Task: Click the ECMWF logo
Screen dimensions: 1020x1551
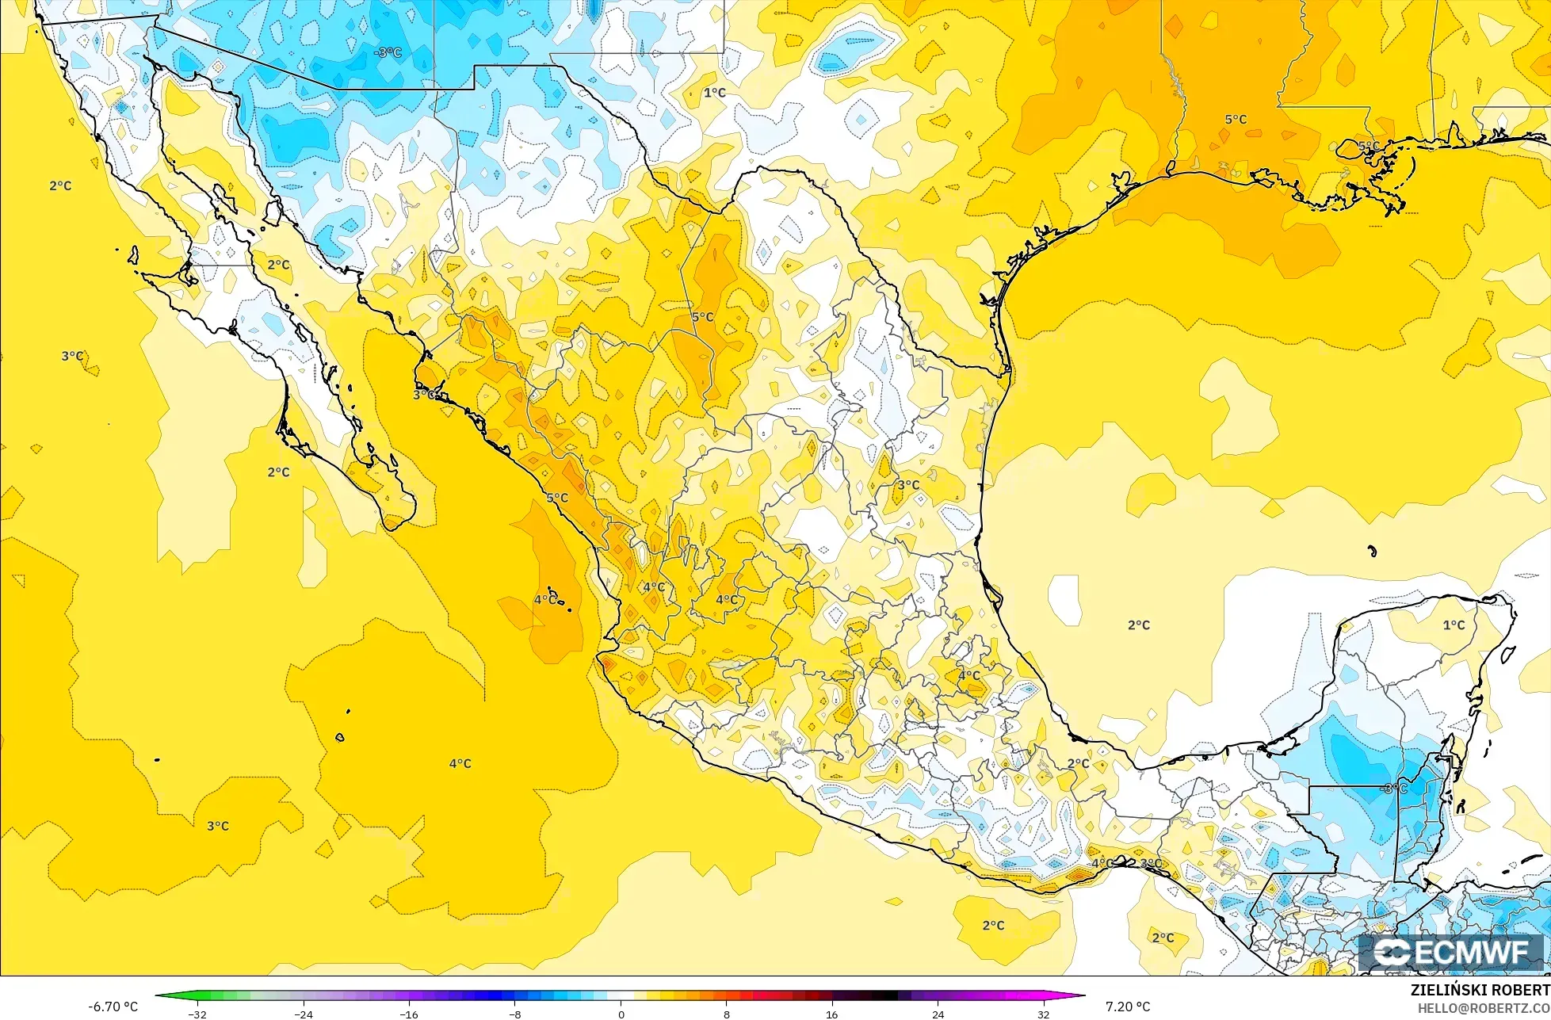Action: pos(1453,953)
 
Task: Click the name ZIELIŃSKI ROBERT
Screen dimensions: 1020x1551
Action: pos(1480,991)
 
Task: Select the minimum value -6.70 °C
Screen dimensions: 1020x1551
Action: pos(113,1007)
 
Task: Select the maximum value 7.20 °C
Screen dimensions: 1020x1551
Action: pos(1128,1007)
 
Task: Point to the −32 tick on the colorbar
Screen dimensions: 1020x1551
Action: pos(197,1014)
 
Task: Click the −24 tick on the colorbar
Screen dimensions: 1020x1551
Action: pos(304,1014)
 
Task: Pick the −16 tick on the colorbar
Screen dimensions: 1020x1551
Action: pos(409,1014)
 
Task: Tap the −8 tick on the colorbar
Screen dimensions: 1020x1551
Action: pos(515,1014)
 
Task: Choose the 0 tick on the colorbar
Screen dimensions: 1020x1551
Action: pos(621,1014)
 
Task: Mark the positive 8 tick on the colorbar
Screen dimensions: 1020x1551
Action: pos(727,1014)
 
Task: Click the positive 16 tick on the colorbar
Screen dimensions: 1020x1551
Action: pos(832,1014)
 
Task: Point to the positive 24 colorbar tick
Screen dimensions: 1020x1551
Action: pos(938,1014)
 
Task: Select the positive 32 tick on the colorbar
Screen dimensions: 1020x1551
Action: pos(1044,1014)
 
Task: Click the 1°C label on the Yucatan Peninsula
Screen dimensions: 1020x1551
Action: pos(1454,625)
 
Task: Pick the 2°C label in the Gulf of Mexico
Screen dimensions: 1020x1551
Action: pos(1139,625)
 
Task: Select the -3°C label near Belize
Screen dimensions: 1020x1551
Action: pos(1392,789)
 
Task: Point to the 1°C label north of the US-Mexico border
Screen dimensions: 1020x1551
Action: pos(714,93)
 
